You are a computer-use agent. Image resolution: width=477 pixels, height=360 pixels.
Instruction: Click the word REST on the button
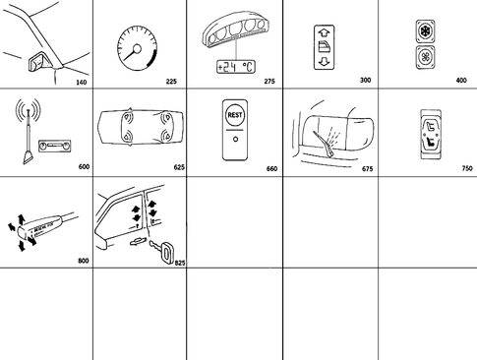point(235,114)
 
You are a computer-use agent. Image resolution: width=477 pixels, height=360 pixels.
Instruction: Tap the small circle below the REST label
point(235,139)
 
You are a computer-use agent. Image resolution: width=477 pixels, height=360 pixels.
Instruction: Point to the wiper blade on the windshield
point(321,135)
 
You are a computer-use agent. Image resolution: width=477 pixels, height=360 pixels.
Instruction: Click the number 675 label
point(368,168)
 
